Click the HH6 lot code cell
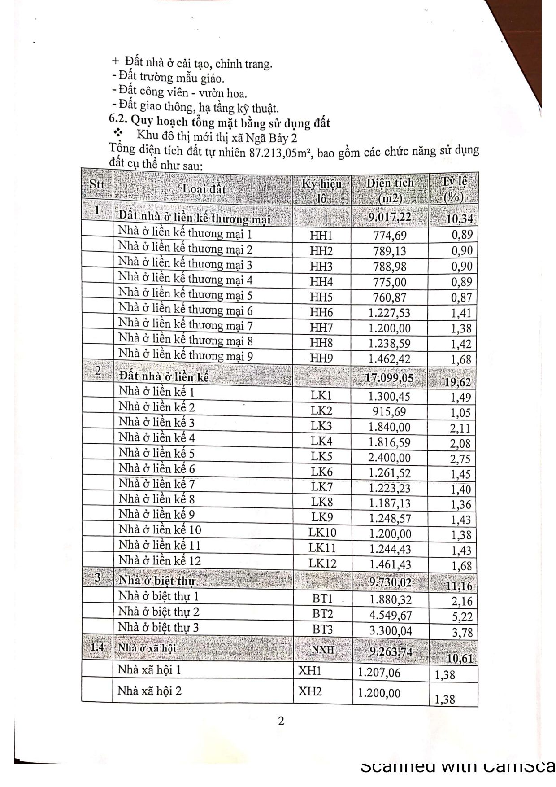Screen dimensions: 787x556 coord(321,312)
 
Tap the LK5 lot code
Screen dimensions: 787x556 coord(321,457)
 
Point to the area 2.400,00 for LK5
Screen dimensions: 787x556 coord(389,458)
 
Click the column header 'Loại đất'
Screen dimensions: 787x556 coord(204,189)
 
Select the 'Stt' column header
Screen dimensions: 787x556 coord(97,184)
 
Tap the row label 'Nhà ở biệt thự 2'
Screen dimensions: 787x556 coord(159,612)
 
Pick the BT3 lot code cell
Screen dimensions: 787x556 coord(322,629)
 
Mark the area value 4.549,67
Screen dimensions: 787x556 coord(391,615)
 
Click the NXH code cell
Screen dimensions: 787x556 coord(323,649)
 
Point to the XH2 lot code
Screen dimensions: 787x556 coord(310,691)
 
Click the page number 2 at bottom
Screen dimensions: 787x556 coord(281,721)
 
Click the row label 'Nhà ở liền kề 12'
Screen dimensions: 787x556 coord(160,560)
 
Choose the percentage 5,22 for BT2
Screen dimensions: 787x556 coord(461,617)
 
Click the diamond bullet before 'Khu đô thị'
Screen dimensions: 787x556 coord(119,133)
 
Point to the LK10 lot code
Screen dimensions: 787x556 coord(322,533)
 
